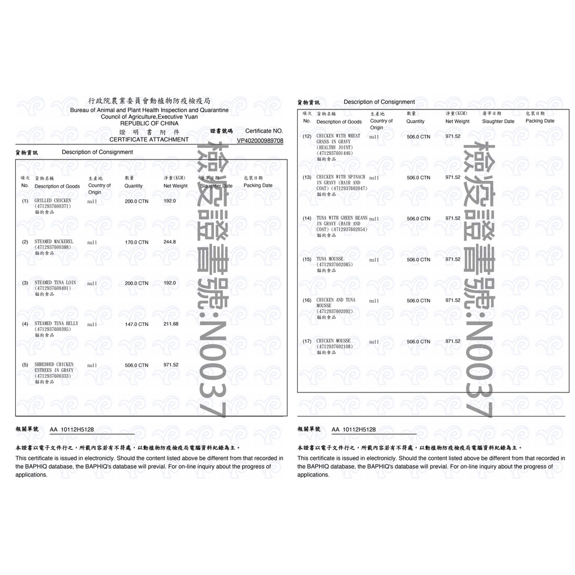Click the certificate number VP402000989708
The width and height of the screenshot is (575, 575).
(x=260, y=140)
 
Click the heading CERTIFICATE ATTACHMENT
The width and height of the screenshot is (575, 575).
(x=149, y=139)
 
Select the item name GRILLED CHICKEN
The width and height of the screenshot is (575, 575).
(x=53, y=200)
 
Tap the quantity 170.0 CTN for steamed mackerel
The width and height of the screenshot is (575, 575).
(x=136, y=242)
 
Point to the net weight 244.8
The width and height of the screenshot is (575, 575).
(x=170, y=242)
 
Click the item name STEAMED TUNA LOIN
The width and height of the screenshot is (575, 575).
(x=55, y=282)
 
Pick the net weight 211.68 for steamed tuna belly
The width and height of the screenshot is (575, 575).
(x=171, y=324)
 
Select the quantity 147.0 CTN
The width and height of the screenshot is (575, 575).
(x=136, y=324)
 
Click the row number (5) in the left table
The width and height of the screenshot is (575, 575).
(x=25, y=365)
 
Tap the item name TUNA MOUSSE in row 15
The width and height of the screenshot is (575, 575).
(x=330, y=259)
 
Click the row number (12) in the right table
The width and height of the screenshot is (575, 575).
(x=307, y=136)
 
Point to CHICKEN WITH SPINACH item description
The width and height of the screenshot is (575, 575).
(x=341, y=177)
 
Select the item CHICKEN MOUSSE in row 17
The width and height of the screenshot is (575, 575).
(x=333, y=341)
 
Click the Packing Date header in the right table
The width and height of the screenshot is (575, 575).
(x=540, y=121)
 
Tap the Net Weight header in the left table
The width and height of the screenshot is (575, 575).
(x=176, y=186)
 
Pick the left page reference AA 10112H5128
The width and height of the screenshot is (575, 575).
(x=72, y=430)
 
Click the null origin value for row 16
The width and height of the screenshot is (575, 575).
(x=374, y=300)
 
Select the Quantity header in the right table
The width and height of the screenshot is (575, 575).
(x=416, y=121)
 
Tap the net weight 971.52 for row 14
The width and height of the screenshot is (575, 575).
(x=453, y=218)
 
